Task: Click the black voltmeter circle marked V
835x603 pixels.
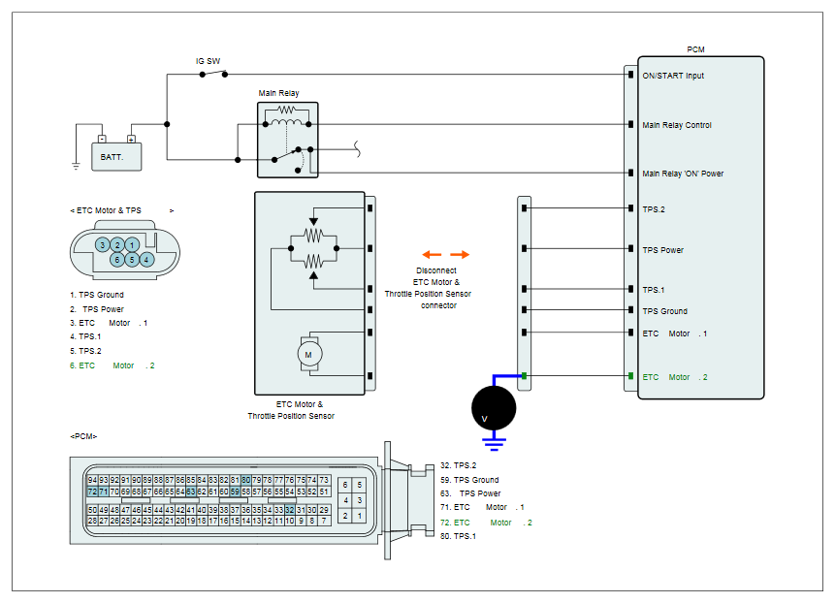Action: coord(494,408)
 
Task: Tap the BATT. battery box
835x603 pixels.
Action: coord(116,157)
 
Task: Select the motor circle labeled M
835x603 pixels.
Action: coord(308,355)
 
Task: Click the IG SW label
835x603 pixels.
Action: coord(208,61)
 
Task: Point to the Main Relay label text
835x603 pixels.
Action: coord(278,93)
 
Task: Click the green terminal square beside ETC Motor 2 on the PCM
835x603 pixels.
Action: coord(630,376)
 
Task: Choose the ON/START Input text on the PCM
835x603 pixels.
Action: coord(673,76)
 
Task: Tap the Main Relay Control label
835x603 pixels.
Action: coord(677,125)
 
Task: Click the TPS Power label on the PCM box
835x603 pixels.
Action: coord(663,250)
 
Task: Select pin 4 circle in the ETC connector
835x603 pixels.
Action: coord(146,260)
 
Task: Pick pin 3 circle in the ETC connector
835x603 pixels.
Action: coord(102,245)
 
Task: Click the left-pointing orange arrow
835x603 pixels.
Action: coord(432,254)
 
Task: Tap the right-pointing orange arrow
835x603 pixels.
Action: coord(460,254)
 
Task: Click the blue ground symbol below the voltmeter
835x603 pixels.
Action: coord(494,444)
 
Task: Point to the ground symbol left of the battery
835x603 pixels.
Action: coord(76,166)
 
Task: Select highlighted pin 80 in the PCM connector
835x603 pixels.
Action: coord(246,480)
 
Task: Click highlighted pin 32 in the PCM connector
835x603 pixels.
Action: coord(290,510)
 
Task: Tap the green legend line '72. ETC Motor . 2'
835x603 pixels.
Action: coord(486,523)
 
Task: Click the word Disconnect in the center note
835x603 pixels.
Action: coord(436,270)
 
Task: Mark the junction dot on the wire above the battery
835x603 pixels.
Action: coord(167,124)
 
